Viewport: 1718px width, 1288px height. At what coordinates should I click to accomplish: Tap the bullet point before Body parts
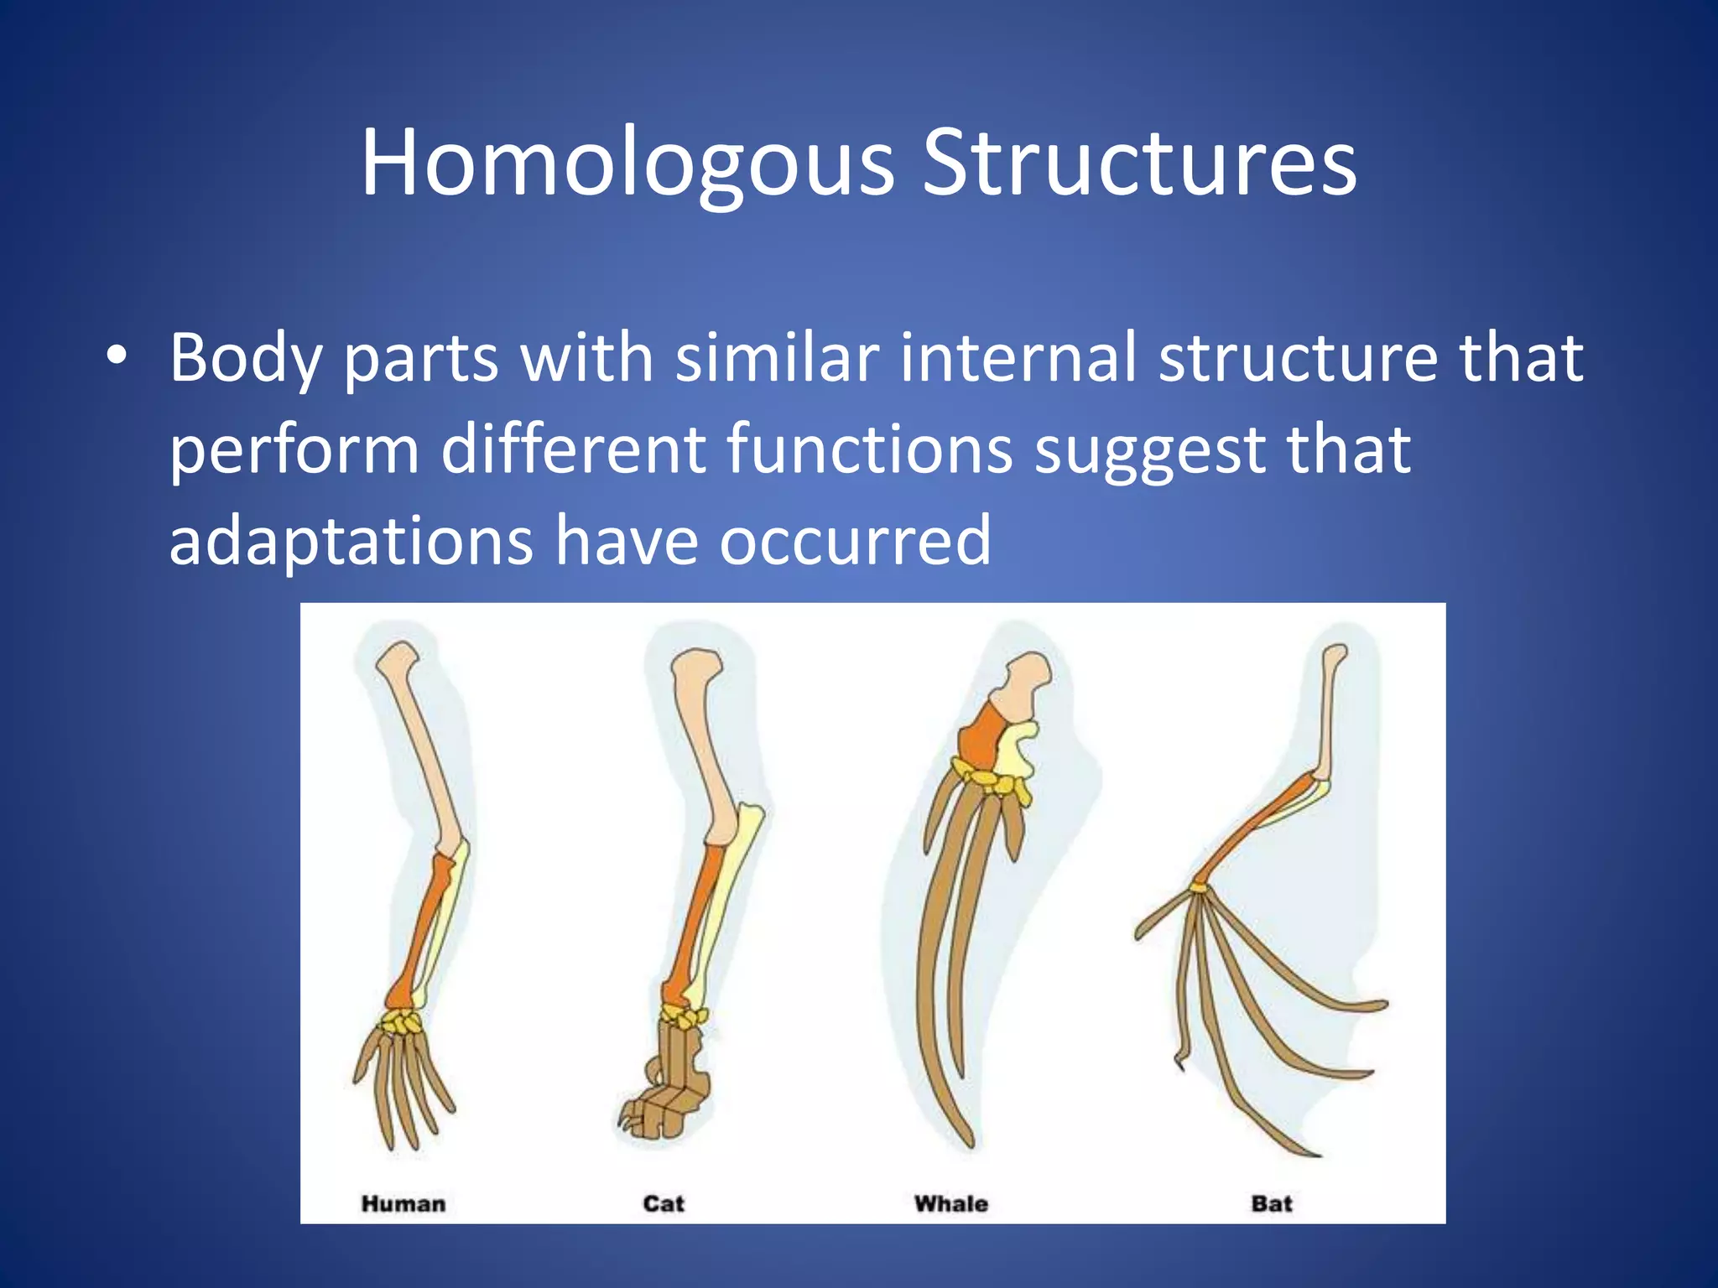click(117, 358)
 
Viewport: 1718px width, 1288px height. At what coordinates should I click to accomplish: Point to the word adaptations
click(351, 541)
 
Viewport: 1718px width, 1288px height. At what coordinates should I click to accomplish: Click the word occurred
click(855, 541)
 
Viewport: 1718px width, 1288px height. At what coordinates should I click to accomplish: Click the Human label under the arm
click(403, 1204)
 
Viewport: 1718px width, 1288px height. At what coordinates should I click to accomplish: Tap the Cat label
click(664, 1204)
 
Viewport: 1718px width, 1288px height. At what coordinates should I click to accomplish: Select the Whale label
click(950, 1204)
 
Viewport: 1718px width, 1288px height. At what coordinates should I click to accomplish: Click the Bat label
click(1271, 1204)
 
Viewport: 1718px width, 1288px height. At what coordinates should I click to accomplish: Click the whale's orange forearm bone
click(979, 738)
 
